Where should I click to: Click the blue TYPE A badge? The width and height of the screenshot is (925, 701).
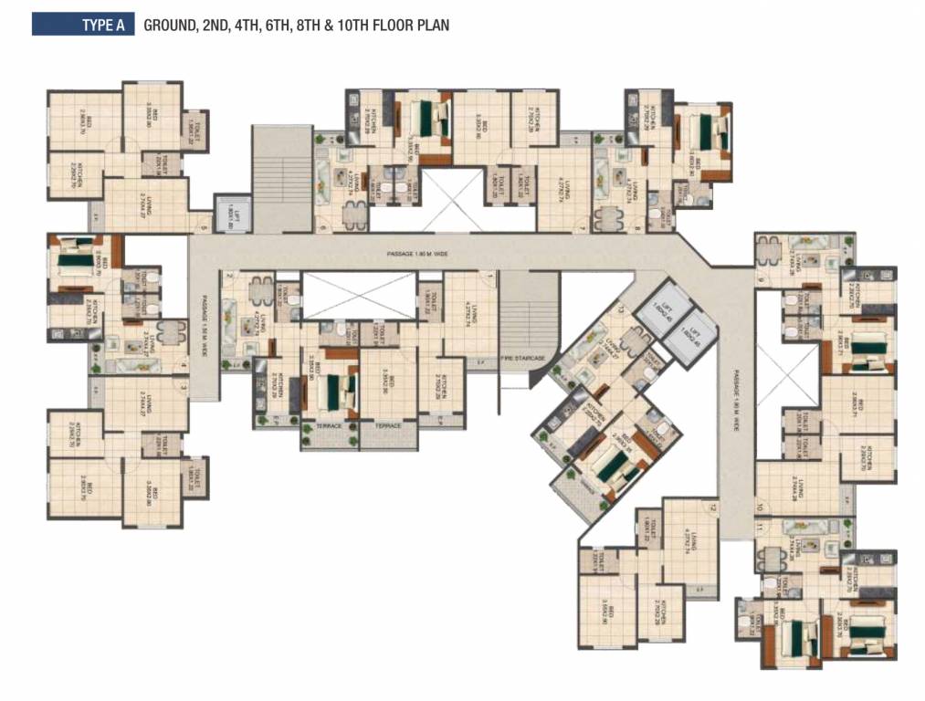[x=83, y=25]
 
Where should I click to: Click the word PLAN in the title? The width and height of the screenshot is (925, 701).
[x=432, y=26]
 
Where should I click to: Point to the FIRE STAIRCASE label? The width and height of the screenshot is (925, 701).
[x=526, y=358]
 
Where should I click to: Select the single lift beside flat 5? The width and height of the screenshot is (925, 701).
[x=234, y=214]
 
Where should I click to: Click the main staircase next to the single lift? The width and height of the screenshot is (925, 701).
[x=282, y=178]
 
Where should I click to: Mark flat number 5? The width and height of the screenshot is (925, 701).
[x=203, y=227]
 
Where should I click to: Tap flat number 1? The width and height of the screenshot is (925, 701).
[x=490, y=276]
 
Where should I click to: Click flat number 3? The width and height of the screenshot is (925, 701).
[x=184, y=387]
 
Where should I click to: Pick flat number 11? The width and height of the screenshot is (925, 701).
[x=759, y=528]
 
